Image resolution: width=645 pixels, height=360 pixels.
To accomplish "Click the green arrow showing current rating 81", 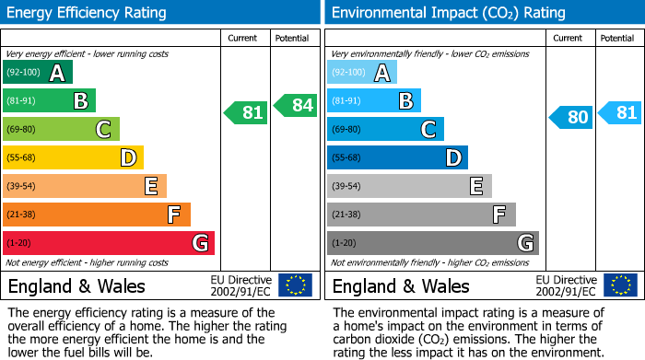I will pyautogui.click(x=246, y=112).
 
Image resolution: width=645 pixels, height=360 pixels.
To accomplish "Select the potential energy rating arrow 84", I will pyautogui.click(x=295, y=105).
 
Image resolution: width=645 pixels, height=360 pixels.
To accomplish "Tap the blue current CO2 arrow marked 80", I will pyautogui.click(x=570, y=117).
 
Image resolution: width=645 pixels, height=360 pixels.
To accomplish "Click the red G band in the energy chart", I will pyautogui.click(x=109, y=243).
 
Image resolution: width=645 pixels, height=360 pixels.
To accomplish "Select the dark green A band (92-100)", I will pyautogui.click(x=38, y=72).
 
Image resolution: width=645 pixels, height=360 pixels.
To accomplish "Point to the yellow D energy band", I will pyautogui.click(x=73, y=157).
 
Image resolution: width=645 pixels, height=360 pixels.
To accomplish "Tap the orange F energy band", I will pyautogui.click(x=97, y=215).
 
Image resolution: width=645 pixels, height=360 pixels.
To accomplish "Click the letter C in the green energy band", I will pyautogui.click(x=103, y=130).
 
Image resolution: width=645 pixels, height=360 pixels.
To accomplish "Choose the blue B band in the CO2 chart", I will pyautogui.click(x=374, y=100).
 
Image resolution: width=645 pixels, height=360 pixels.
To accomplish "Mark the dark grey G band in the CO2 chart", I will pyautogui.click(x=432, y=243).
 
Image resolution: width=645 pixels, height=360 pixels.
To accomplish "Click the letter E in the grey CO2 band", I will pyautogui.click(x=475, y=187).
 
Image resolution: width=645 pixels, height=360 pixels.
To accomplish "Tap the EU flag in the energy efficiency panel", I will pyautogui.click(x=295, y=285).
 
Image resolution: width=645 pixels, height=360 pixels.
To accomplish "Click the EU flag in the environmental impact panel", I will pyautogui.click(x=619, y=285).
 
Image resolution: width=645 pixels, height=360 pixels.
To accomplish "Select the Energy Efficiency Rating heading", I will pyautogui.click(x=88, y=13).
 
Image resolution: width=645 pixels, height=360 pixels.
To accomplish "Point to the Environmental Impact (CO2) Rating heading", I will pyautogui.click(x=448, y=13).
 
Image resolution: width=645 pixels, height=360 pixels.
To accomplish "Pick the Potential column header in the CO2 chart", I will pyautogui.click(x=617, y=38).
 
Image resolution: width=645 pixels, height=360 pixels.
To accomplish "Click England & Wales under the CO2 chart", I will pyautogui.click(x=401, y=285).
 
